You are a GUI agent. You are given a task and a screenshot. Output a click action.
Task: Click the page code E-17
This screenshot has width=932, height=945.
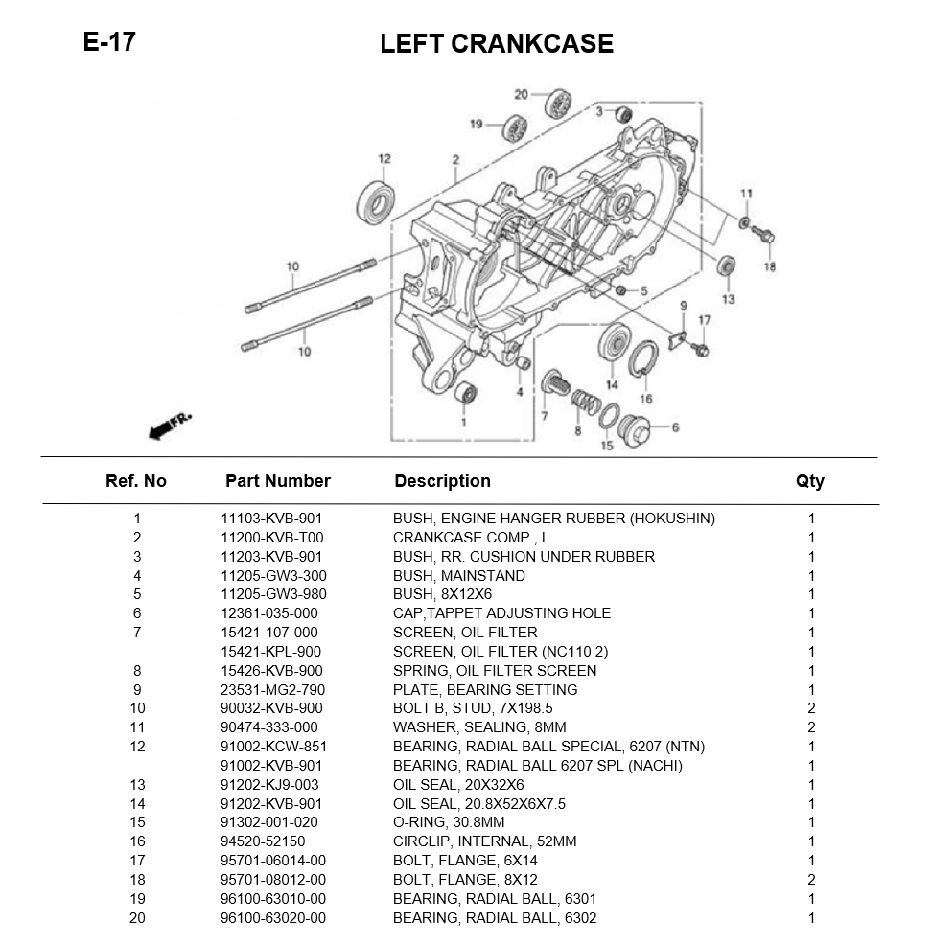coord(109,42)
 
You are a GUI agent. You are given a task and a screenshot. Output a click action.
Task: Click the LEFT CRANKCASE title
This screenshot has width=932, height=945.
coord(496,44)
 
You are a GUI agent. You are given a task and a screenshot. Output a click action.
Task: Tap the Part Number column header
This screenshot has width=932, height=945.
coord(277,481)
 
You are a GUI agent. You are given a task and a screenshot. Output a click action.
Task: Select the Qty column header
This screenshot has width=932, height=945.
coord(809,481)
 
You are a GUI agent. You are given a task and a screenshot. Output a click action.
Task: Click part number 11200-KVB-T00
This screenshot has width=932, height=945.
coord(271,538)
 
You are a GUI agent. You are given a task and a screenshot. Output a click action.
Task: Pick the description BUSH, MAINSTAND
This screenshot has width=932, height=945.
coord(458,576)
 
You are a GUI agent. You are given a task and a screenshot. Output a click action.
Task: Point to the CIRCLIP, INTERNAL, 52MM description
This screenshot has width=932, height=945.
coord(484,841)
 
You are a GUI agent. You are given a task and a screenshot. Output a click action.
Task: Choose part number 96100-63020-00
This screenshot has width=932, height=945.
coord(272,918)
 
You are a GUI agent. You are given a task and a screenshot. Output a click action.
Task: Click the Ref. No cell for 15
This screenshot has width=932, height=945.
coord(137,822)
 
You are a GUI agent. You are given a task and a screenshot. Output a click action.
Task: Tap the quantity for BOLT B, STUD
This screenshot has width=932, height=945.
coord(811,708)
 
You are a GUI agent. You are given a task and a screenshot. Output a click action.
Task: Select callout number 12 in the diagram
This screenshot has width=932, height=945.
coord(384,159)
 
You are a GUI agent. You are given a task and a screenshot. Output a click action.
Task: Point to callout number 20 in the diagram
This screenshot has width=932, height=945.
coord(521,94)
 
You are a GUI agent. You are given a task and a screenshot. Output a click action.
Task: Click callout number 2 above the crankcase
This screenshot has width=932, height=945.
coord(456,160)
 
